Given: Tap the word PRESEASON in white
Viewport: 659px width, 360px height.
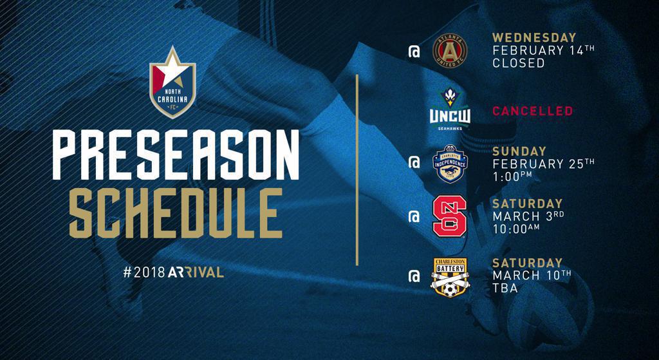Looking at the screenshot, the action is click(x=176, y=155).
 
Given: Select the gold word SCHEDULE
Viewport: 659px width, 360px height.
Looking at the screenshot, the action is click(x=176, y=213).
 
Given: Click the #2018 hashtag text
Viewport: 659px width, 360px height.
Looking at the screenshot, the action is click(x=144, y=272).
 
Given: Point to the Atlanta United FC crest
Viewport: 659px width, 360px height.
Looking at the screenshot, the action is click(x=450, y=52).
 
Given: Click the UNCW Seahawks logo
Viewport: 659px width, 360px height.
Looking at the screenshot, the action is click(x=450, y=109).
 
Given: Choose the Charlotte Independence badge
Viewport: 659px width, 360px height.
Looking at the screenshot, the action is click(x=450, y=164).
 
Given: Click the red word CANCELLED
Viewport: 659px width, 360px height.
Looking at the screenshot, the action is click(x=532, y=111).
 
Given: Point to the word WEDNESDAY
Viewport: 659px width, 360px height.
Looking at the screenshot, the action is click(x=534, y=37).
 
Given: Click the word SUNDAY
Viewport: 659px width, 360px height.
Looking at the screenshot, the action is click(x=519, y=151).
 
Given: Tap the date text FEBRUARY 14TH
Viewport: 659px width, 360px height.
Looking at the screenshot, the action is click(x=544, y=50).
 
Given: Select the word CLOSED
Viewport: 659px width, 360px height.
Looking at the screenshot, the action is click(x=519, y=63).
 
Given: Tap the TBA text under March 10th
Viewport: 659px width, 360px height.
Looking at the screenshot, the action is click(x=505, y=288).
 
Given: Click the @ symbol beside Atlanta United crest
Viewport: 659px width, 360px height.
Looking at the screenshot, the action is click(x=414, y=52).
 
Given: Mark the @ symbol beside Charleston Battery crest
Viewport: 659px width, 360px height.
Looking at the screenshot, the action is click(x=414, y=276).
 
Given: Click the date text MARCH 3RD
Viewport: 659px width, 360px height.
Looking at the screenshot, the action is click(x=528, y=216).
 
